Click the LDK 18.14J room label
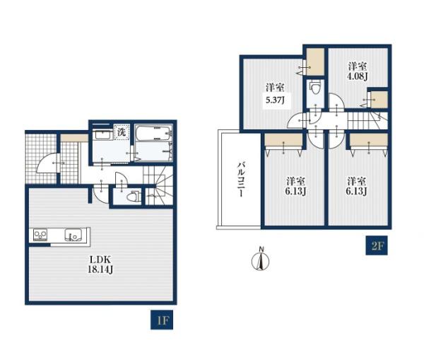click(x=100, y=265)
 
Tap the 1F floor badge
click(x=162, y=320)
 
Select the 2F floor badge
click(x=377, y=245)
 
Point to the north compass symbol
click(x=260, y=259)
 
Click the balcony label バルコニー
click(x=241, y=180)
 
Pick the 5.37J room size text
click(x=275, y=100)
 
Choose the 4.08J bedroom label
click(x=357, y=71)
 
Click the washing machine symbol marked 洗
click(x=122, y=132)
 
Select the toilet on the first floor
click(x=134, y=196)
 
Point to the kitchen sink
click(x=73, y=235)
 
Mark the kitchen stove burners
click(x=40, y=235)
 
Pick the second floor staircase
click(x=367, y=120)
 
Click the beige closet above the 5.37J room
click(x=315, y=62)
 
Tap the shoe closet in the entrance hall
click(x=74, y=138)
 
